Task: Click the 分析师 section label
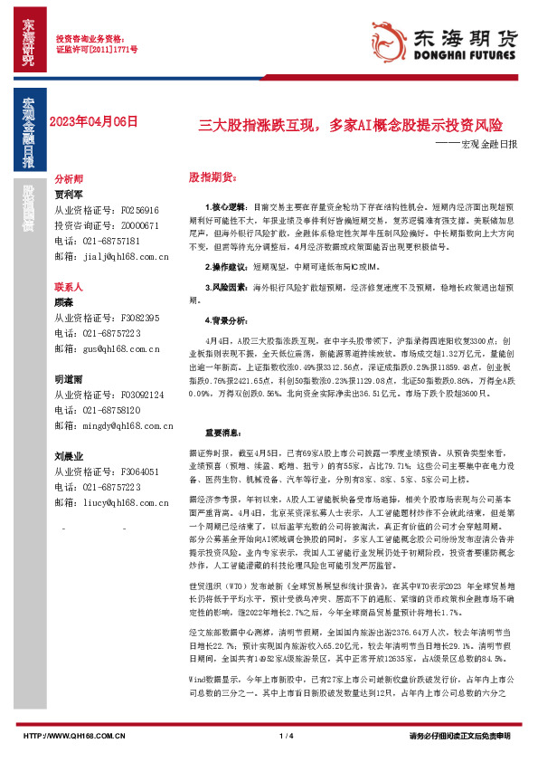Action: pos(69,179)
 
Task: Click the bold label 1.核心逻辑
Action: pos(214,207)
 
